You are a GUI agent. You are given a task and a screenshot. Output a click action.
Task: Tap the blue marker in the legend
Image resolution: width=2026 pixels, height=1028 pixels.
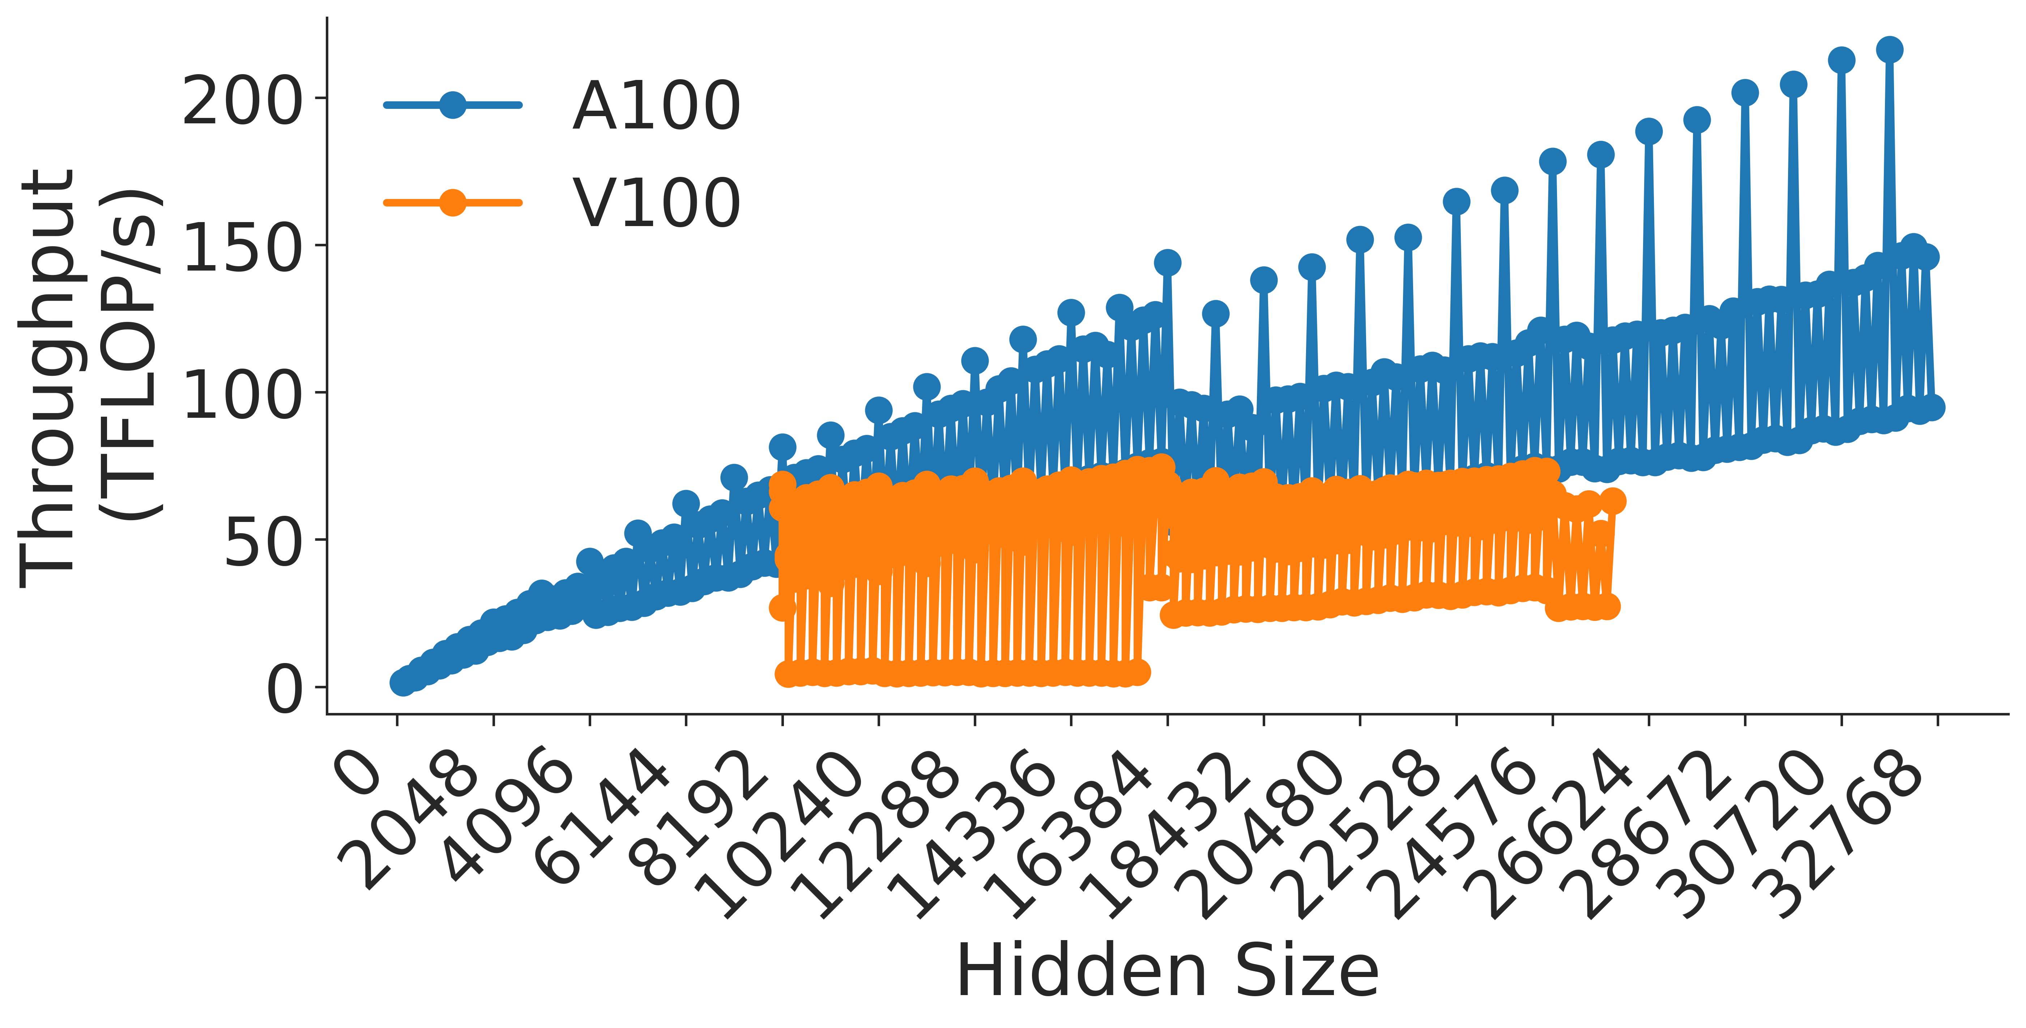(452, 105)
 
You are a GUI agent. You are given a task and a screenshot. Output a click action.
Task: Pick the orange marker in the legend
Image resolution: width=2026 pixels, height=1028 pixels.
(452, 202)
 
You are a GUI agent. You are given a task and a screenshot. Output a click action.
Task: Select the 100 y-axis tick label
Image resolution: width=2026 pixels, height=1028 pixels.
(242, 396)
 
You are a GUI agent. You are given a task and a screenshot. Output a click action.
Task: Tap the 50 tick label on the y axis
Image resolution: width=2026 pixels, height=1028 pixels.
(262, 543)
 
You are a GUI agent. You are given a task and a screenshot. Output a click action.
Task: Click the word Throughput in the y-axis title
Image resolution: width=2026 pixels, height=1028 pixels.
(47, 378)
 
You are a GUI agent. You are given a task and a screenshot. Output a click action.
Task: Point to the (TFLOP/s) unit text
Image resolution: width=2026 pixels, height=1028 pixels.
(130, 354)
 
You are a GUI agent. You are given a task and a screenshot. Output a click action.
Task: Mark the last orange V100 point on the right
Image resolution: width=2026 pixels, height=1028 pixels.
(1612, 501)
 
